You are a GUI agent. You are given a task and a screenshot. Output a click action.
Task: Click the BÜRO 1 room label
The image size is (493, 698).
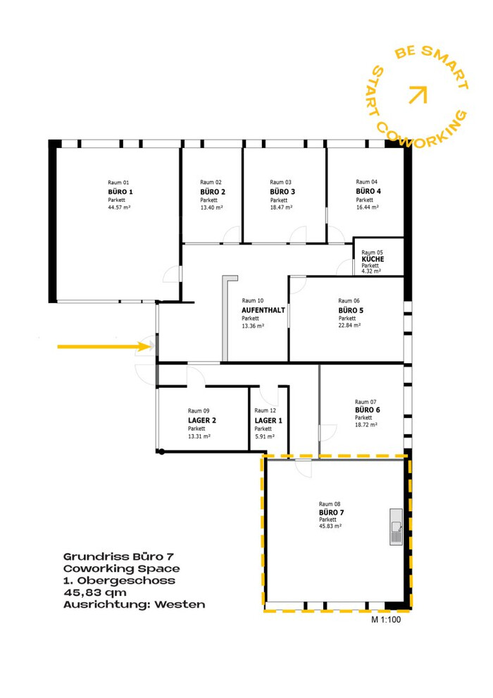tap(120, 192)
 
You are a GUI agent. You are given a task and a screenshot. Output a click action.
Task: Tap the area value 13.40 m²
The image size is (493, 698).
tap(211, 207)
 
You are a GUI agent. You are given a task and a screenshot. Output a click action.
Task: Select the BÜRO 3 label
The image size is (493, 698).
tap(282, 192)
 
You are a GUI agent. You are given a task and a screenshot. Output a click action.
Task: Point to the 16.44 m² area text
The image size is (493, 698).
tap(367, 207)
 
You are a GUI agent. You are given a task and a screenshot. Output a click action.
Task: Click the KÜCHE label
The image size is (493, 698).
tap(373, 259)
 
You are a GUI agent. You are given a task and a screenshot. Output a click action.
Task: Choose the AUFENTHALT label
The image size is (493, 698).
tap(263, 310)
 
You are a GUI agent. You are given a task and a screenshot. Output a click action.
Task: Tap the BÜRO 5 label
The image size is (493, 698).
tap(351, 310)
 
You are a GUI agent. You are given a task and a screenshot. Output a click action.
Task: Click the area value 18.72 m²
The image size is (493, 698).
tap(366, 424)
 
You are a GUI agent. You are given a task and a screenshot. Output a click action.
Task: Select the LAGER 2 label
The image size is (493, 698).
tap(202, 420)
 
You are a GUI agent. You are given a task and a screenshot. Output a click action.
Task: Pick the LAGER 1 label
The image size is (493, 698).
tap(268, 420)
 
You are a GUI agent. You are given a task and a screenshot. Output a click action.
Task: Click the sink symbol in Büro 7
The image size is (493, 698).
tap(396, 527)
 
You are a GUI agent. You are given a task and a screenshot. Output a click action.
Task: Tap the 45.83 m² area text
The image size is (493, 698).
tap(330, 526)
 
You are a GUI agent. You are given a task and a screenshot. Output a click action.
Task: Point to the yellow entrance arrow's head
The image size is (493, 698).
tap(149, 346)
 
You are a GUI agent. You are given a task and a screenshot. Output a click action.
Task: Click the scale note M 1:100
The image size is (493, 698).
tap(386, 619)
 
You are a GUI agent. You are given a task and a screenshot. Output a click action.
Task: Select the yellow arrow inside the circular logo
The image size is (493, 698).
tap(418, 94)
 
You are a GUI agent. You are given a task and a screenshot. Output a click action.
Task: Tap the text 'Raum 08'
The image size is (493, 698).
tap(330, 504)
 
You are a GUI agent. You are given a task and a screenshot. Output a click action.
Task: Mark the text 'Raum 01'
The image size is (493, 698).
tap(118, 183)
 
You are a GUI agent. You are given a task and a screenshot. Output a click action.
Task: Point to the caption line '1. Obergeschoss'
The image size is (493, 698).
tap(119, 580)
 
